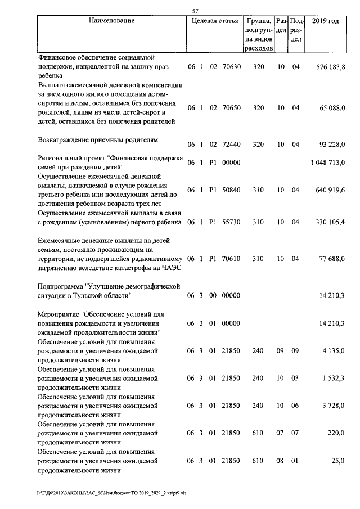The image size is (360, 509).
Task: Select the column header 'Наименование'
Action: click(x=111, y=21)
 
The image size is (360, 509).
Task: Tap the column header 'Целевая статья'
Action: click(x=214, y=21)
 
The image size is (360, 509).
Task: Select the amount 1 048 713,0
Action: click(x=327, y=163)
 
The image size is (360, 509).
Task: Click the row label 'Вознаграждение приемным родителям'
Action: click(x=98, y=139)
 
